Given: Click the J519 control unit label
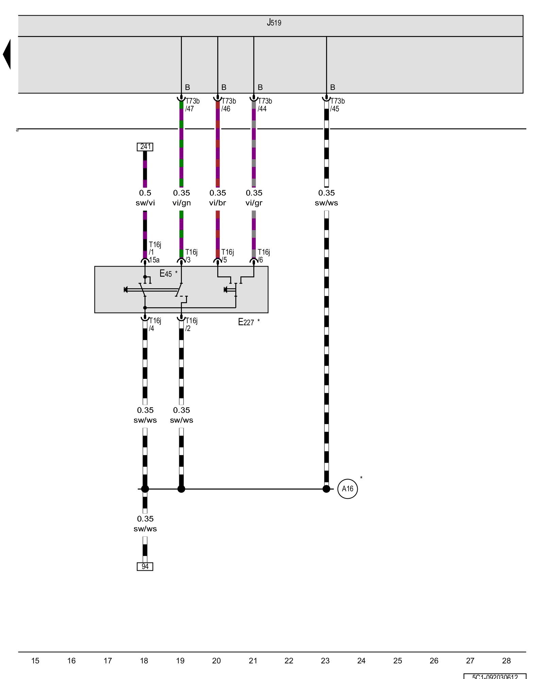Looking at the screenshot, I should click(274, 23).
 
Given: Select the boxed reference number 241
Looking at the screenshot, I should click(145, 147).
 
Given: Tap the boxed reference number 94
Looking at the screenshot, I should click(145, 566).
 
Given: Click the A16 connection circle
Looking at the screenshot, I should click(347, 489).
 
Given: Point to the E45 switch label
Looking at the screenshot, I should click(166, 274).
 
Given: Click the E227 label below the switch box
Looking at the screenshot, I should click(246, 322).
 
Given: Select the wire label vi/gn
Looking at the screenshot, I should click(182, 203).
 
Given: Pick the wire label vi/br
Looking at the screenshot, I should click(218, 203).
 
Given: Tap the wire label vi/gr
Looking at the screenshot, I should click(254, 203).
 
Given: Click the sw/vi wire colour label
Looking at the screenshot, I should click(145, 203).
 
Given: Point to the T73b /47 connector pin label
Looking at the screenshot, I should click(192, 105).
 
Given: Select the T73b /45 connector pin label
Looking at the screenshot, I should click(337, 105).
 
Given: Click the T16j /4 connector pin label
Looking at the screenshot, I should click(155, 325).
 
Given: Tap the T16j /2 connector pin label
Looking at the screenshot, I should click(191, 325).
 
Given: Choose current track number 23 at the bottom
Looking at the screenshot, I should click(325, 661).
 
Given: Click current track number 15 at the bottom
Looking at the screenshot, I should click(35, 661).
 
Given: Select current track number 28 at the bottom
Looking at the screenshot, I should click(506, 661).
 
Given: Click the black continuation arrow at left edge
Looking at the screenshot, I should click(7, 54).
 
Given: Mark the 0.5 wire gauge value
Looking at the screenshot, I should click(145, 193).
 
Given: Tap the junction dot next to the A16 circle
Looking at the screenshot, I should click(326, 489).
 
